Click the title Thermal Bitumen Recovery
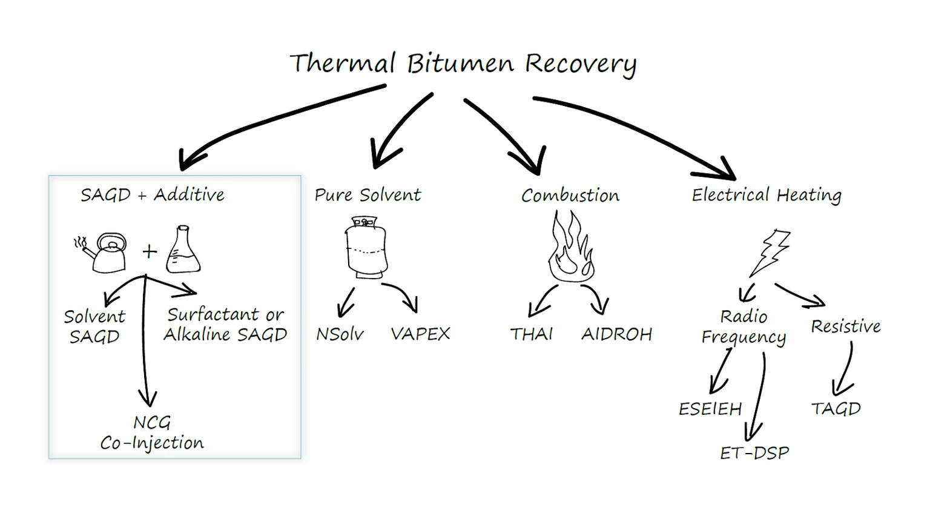click(x=463, y=64)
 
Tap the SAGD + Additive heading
click(x=153, y=195)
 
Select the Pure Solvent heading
click(x=368, y=195)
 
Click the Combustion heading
click(x=570, y=196)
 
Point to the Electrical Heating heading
click(x=767, y=195)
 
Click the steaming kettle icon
click(x=103, y=251)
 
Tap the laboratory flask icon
click(x=183, y=250)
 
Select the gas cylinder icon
click(x=366, y=248)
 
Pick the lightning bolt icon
click(x=770, y=252)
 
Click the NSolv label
click(x=340, y=334)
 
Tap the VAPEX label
click(x=420, y=334)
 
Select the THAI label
click(x=531, y=334)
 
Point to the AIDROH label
click(x=616, y=334)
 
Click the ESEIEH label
click(x=710, y=409)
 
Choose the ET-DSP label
click(x=754, y=453)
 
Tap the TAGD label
click(x=836, y=409)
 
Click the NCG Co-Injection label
click(x=152, y=433)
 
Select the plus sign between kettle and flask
click(x=150, y=251)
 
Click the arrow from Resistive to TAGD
click(x=845, y=369)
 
